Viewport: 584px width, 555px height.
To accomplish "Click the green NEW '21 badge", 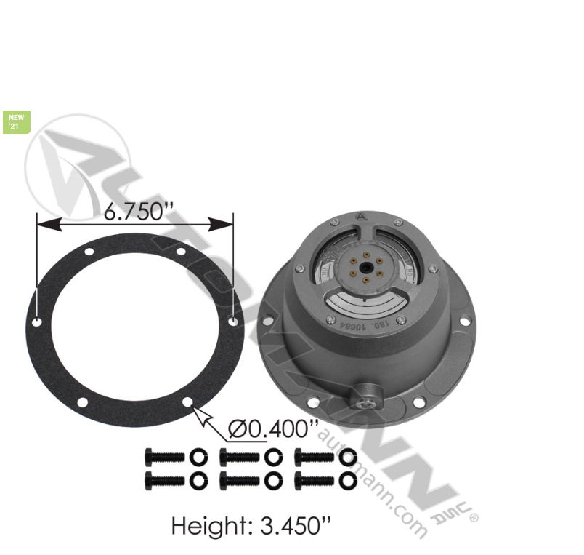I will pos(15,121).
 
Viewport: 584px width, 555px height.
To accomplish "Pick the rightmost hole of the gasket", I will pos(232,321).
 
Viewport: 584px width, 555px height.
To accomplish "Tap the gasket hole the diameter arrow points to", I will pos(188,402).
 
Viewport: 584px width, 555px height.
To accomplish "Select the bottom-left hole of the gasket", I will pos(82,402).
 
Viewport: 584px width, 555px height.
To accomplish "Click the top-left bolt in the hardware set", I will pos(165,457).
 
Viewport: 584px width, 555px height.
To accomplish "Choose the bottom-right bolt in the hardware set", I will pos(314,480).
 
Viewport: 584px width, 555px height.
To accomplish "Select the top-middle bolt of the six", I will pos(239,457).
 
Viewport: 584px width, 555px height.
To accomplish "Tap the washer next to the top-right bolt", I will pos(347,457).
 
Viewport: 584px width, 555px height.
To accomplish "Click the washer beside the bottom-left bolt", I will pos(198,480).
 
